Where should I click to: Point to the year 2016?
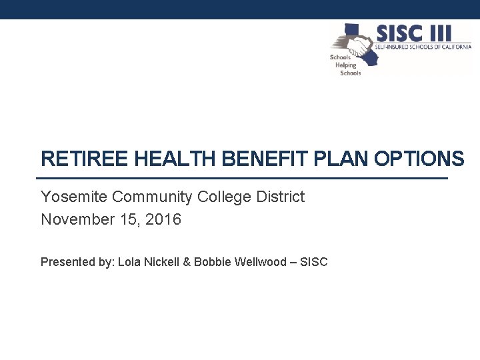click(163, 219)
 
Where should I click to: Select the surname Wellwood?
click(259, 262)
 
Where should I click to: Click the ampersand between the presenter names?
click(187, 262)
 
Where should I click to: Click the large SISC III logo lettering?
click(413, 33)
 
